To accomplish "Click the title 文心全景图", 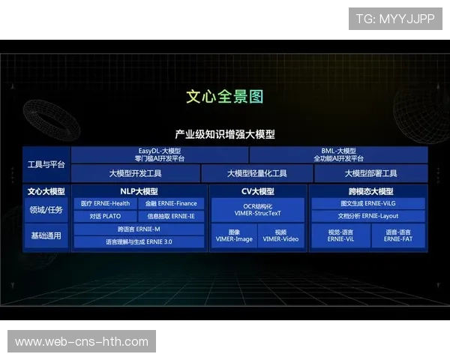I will (x=224, y=97).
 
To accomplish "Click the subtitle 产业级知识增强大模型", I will (x=224, y=134).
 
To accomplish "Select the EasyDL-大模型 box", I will (x=159, y=154).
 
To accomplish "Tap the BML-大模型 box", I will (x=337, y=154).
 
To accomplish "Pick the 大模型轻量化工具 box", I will (x=256, y=173).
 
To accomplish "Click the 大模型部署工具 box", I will (x=370, y=173).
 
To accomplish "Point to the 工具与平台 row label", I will (x=46, y=164).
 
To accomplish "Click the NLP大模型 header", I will (x=139, y=191).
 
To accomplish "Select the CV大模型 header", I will (x=257, y=191).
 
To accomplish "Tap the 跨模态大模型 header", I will (x=367, y=191).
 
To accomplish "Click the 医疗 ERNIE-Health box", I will (x=105, y=203).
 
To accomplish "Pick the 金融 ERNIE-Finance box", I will (x=172, y=203).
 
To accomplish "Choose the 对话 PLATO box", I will (x=105, y=216).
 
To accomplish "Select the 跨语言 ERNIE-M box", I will (x=139, y=229).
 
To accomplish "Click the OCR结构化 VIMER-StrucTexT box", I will (x=257, y=209).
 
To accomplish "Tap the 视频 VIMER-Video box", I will (x=281, y=235).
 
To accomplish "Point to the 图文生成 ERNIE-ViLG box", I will (x=367, y=203).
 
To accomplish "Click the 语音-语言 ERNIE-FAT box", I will (x=397, y=235).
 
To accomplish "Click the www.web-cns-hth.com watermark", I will (x=81, y=342).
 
